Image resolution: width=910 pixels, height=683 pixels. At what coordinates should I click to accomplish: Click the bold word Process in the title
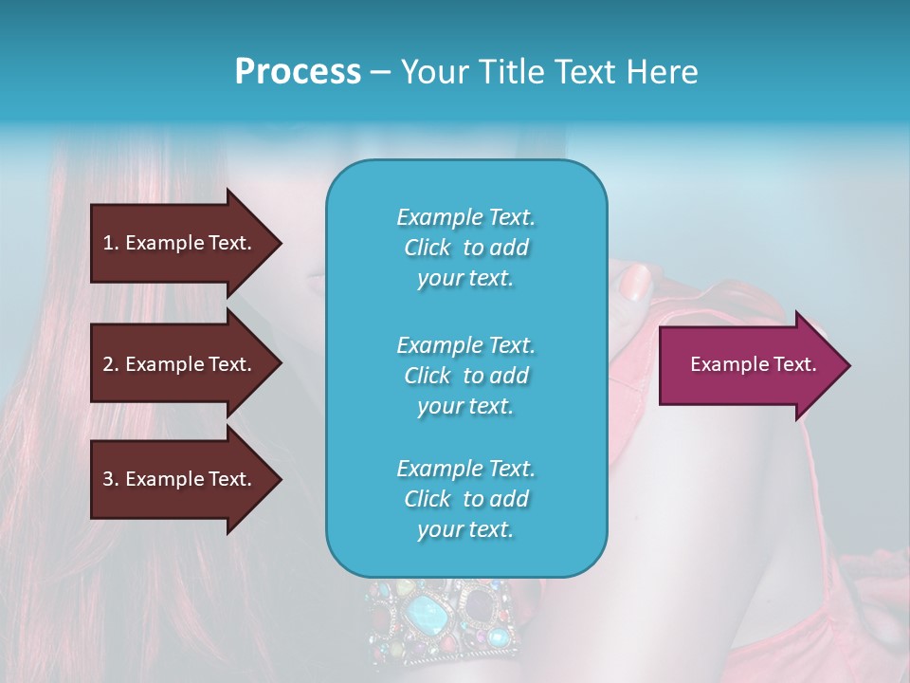[298, 72]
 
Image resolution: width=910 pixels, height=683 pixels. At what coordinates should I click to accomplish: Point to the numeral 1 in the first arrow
[108, 243]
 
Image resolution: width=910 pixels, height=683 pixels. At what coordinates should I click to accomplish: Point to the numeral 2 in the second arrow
[108, 364]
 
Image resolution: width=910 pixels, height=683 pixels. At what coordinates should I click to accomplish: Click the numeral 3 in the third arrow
[108, 479]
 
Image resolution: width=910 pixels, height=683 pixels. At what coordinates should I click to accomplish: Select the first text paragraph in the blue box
[465, 248]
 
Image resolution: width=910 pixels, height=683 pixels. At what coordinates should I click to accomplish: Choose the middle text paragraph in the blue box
[465, 376]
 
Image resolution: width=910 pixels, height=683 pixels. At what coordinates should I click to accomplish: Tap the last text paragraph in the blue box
[465, 499]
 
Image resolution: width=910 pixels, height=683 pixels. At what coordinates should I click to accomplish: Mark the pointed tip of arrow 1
[280, 243]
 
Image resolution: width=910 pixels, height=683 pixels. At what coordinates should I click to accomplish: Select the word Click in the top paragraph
[428, 248]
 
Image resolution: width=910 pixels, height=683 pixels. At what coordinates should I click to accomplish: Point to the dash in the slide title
[380, 73]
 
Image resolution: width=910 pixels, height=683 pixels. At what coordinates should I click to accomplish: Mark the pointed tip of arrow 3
[280, 480]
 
